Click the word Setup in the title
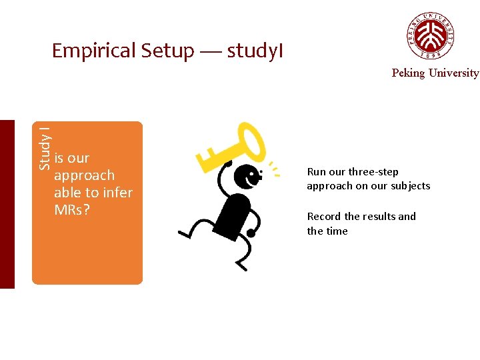click(x=167, y=51)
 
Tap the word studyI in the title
click(x=255, y=51)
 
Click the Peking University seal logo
click(x=431, y=35)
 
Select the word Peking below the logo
click(x=407, y=73)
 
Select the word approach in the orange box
click(x=84, y=175)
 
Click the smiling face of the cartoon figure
click(x=248, y=177)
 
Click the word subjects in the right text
click(x=410, y=186)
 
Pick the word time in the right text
click(x=337, y=231)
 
